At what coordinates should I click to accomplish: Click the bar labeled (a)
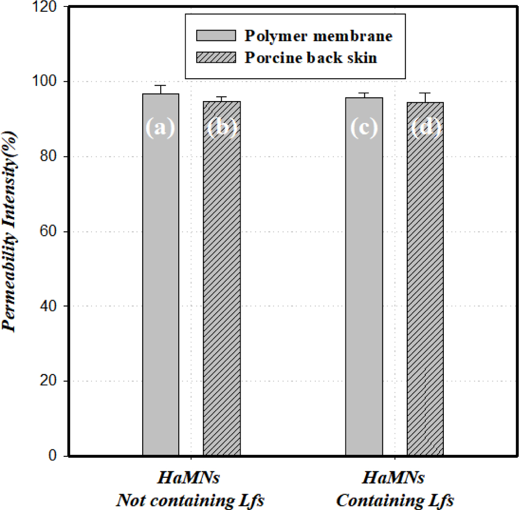coord(161,275)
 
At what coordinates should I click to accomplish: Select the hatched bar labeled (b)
coord(222,280)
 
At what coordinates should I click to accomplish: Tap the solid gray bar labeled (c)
coord(364,277)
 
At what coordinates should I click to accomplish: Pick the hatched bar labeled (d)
coord(425,280)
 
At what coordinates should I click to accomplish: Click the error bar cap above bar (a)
coord(161,86)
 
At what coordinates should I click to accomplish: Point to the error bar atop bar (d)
coord(425,97)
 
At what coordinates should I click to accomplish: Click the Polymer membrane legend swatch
coord(216,35)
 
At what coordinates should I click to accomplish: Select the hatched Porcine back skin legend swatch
coord(216,58)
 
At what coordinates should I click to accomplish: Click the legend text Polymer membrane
coord(318,36)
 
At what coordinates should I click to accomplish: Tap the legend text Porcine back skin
coord(311,58)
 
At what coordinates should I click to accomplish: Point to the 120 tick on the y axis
coord(47,7)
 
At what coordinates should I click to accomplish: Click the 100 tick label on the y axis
coord(47,82)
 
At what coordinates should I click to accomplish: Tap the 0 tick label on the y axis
coord(53,456)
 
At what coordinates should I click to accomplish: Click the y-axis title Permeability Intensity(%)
coord(10,232)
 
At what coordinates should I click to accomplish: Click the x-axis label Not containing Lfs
coord(190,501)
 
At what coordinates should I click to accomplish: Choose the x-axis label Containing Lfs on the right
coord(395,501)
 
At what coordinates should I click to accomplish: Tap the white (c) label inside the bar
coord(364,127)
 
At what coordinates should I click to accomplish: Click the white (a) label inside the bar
coord(160,127)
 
